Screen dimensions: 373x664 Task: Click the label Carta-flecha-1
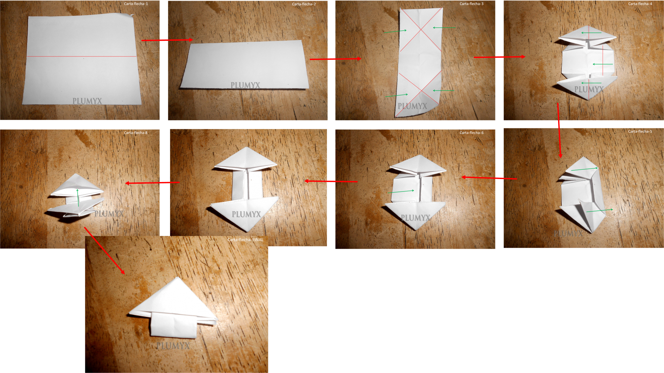(x=136, y=4)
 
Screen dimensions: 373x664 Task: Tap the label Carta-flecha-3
(x=471, y=4)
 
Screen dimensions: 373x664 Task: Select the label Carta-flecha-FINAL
(x=245, y=240)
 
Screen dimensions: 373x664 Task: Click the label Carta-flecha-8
(x=135, y=133)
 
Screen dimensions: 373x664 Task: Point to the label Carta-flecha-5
(x=640, y=132)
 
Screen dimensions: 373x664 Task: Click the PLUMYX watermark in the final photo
(x=173, y=346)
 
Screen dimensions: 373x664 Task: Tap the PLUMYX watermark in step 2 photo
(x=245, y=85)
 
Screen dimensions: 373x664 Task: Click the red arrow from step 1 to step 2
(x=167, y=40)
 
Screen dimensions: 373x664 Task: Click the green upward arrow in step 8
(x=78, y=198)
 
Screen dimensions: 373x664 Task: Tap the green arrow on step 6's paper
(x=401, y=192)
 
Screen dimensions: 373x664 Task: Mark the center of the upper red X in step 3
(x=421, y=30)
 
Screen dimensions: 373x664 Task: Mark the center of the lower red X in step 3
(x=421, y=90)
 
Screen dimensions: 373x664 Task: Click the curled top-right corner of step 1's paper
(x=132, y=15)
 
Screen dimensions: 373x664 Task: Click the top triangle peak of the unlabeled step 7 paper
(x=246, y=148)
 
